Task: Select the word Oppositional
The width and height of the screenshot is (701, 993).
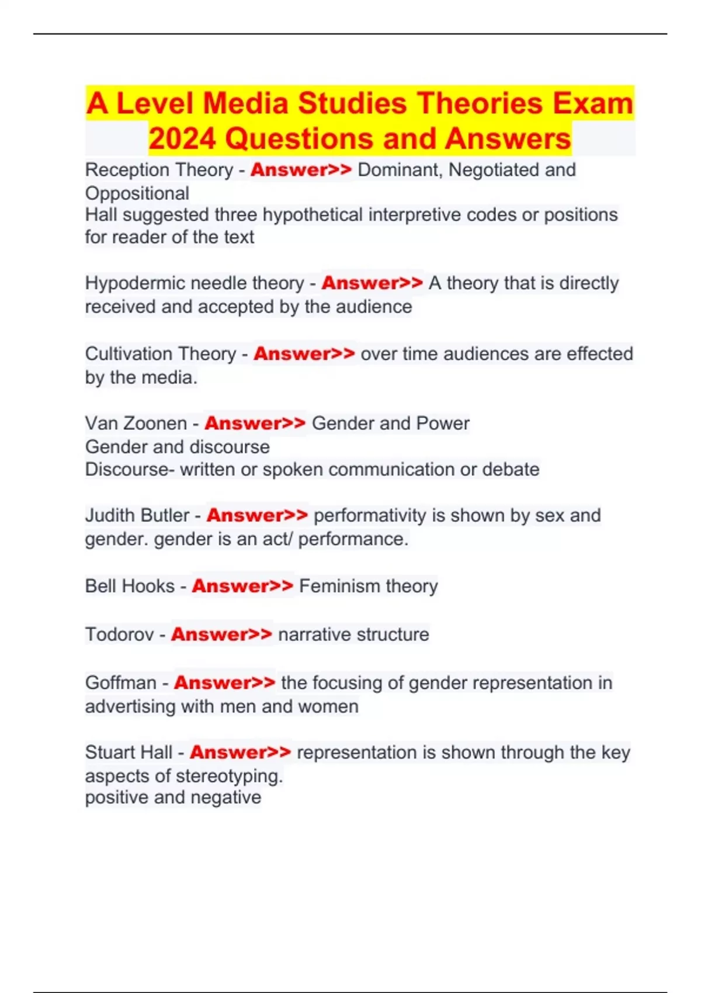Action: pos(137,193)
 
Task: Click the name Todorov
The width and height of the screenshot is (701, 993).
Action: pos(119,634)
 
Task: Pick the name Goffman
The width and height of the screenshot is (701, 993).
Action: pos(121,683)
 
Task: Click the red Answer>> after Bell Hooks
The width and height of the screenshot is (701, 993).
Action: pos(242,586)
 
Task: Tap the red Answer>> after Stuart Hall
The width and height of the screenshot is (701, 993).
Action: pos(240,752)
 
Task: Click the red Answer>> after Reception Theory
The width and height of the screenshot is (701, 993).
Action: pos(301,170)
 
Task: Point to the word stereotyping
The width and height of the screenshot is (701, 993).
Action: pos(229,776)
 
